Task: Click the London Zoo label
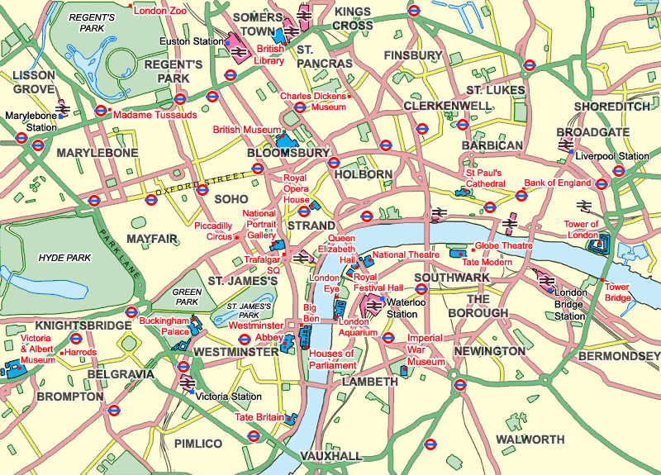pos(159,12)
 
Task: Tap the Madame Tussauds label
pos(155,115)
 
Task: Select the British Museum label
pos(247,130)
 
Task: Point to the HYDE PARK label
pos(64,258)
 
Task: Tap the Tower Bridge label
pos(617,293)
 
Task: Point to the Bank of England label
pos(558,183)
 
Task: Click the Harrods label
pos(82,353)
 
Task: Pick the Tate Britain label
pos(259,417)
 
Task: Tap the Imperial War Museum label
pos(426,350)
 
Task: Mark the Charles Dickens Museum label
pos(312,102)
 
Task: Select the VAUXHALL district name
pos(331,457)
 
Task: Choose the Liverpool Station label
pos(612,156)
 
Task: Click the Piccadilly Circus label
pos(214,231)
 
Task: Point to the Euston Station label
pos(192,40)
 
